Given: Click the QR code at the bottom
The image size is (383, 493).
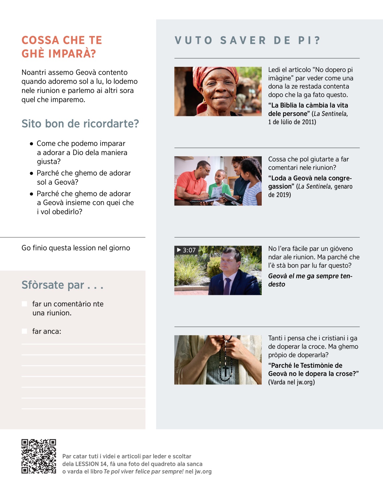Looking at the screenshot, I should [39, 456].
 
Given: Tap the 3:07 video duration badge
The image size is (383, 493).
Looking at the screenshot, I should [186, 250].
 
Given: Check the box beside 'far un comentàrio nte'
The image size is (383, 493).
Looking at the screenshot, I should [24, 304].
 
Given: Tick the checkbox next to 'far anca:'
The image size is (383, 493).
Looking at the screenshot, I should [24, 331].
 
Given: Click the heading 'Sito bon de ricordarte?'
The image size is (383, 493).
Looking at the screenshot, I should [80, 124].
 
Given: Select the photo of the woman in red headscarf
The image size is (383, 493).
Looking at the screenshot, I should [218, 91].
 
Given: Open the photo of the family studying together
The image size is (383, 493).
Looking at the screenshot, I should [218, 181].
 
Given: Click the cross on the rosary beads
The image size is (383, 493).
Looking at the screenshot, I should [226, 372].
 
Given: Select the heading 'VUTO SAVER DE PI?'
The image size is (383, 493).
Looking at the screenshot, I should [247, 41].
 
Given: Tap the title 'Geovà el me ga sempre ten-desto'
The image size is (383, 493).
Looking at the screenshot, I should [310, 280].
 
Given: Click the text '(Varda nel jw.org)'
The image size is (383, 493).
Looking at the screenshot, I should [291, 382].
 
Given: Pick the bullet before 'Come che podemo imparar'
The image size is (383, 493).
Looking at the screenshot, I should [31, 144].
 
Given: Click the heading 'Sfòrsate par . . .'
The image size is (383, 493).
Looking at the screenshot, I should [63, 285].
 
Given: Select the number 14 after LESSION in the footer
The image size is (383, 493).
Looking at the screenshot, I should [103, 464].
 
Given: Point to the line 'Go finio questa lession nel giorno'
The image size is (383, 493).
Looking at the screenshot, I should [76, 248].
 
